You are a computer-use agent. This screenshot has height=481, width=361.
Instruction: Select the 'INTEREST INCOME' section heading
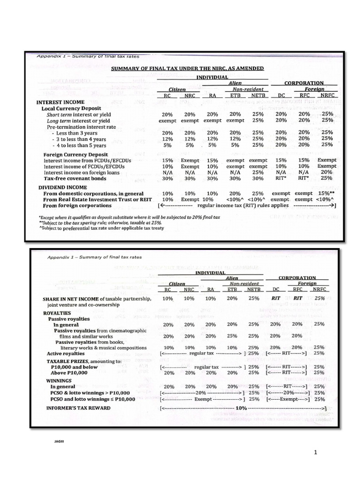pos(61,102)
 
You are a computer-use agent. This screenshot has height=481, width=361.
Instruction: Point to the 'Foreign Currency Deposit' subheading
pos(75,154)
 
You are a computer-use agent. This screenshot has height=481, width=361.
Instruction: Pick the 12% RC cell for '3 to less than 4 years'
pos(167,139)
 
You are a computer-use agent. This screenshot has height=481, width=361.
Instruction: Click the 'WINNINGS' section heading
pos(59,380)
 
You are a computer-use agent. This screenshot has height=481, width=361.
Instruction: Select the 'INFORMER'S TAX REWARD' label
pos(78,408)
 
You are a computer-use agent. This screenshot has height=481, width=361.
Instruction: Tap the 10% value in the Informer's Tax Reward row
pos(241,408)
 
